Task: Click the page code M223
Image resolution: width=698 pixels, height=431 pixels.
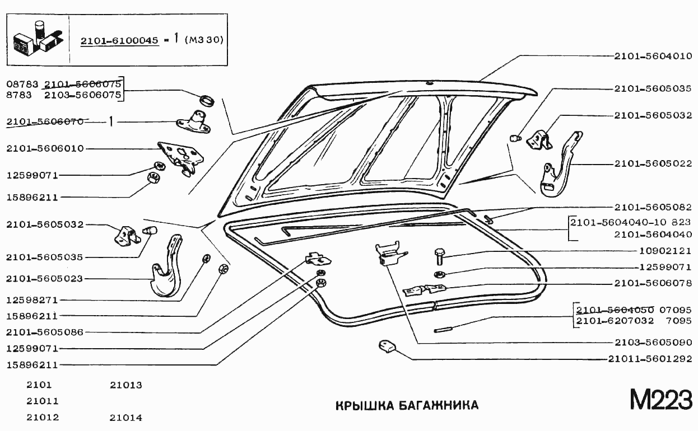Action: tap(661, 400)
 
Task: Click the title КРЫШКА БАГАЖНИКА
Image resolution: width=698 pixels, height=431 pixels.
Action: tap(407, 405)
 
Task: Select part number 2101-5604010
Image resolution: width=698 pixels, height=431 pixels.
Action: tap(653, 56)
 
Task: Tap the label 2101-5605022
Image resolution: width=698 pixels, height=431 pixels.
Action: tap(653, 164)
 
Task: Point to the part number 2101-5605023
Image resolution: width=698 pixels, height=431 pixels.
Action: tap(45, 278)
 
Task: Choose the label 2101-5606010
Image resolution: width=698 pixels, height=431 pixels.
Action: tap(45, 149)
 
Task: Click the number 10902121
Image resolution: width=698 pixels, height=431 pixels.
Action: tap(666, 251)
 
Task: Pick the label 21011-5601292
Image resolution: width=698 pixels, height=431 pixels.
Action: tap(650, 359)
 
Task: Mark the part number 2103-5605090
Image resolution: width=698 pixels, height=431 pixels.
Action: tap(653, 342)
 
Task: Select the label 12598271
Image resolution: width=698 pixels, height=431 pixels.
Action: tap(32, 300)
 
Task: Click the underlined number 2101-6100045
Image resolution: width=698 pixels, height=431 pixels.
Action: tap(120, 41)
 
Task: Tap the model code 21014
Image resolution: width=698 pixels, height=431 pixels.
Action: tap(126, 418)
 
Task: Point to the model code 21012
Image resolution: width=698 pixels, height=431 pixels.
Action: tap(43, 418)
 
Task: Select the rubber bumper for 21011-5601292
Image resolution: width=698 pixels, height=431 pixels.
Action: tap(386, 348)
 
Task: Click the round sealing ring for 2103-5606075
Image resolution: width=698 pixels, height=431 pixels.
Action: tap(208, 101)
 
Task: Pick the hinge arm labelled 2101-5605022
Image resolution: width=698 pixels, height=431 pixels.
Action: tap(560, 168)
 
